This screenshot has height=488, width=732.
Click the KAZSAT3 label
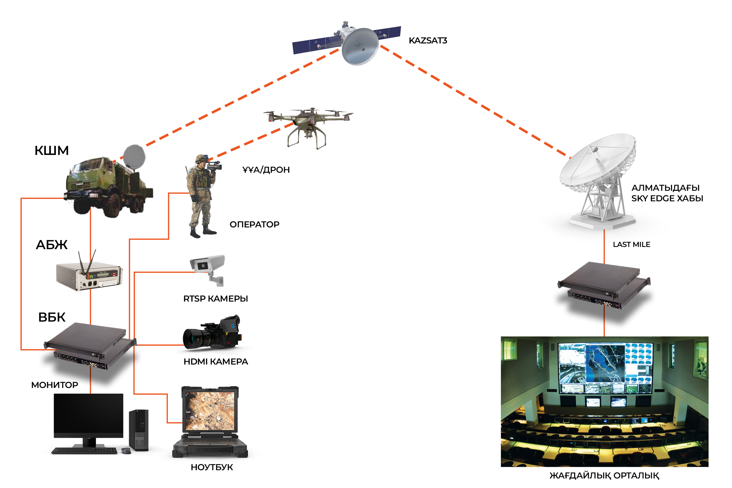pos(428,40)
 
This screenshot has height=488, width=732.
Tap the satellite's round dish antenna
pos(360,47)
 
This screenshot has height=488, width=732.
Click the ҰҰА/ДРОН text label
pos(266,170)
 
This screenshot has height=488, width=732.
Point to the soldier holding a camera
pos(202,196)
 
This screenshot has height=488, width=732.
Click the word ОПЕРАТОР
pos(255,224)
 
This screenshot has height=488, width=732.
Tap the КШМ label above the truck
pos(52,151)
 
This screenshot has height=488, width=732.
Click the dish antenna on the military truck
pos(134,156)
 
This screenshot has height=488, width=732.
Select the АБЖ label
pos(52,245)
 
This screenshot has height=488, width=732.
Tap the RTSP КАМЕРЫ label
pos(216,299)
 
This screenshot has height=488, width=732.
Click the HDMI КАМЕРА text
pos(216,362)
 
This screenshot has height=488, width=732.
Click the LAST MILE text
pos(631,245)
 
